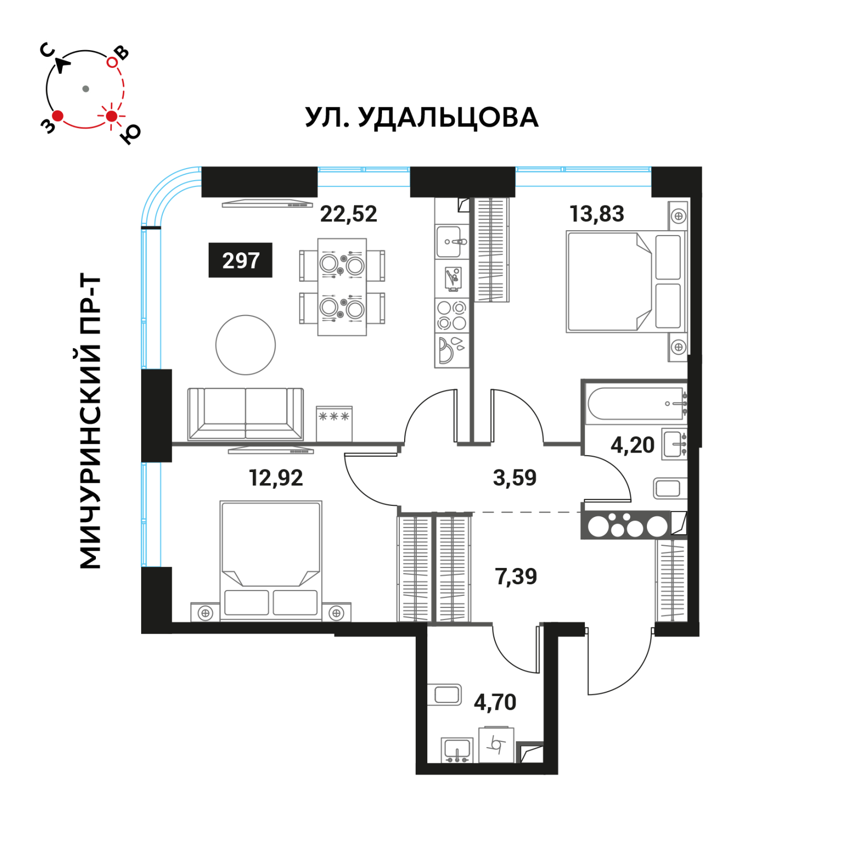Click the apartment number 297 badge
pyautogui.click(x=240, y=260)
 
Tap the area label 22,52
pyautogui.click(x=349, y=214)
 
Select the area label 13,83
pyautogui.click(x=596, y=214)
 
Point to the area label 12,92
pyautogui.click(x=276, y=478)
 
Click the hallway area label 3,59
pyautogui.click(x=515, y=478)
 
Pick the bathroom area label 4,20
pyautogui.click(x=632, y=445)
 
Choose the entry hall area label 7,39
pyautogui.click(x=516, y=576)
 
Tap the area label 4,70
pyautogui.click(x=495, y=702)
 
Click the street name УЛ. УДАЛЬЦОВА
pyautogui.click(x=422, y=117)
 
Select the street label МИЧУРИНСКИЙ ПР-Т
pyautogui.click(x=90, y=421)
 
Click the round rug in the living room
pyautogui.click(x=246, y=345)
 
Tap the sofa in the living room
pyautogui.click(x=246, y=414)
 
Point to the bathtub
pyautogui.click(x=636, y=404)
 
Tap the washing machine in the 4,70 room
pyautogui.click(x=496, y=744)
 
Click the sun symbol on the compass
pyautogui.click(x=111, y=116)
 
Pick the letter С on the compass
pyautogui.click(x=47, y=50)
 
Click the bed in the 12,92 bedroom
pyautogui.click(x=271, y=560)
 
